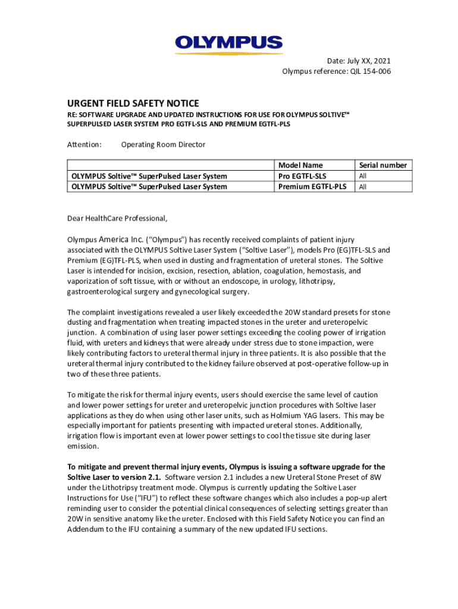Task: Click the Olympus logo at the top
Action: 229,43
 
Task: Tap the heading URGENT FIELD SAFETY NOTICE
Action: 133,103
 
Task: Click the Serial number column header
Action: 383,165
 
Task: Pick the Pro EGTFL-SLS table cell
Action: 302,176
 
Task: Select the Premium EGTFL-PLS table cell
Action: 312,187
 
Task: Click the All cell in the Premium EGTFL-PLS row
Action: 362,187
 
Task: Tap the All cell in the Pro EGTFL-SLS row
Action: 362,176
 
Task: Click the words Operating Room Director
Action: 163,145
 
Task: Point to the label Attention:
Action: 84,145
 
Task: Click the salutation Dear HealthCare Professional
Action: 117,218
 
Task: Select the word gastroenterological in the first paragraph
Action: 99,292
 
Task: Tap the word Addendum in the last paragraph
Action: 87,529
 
